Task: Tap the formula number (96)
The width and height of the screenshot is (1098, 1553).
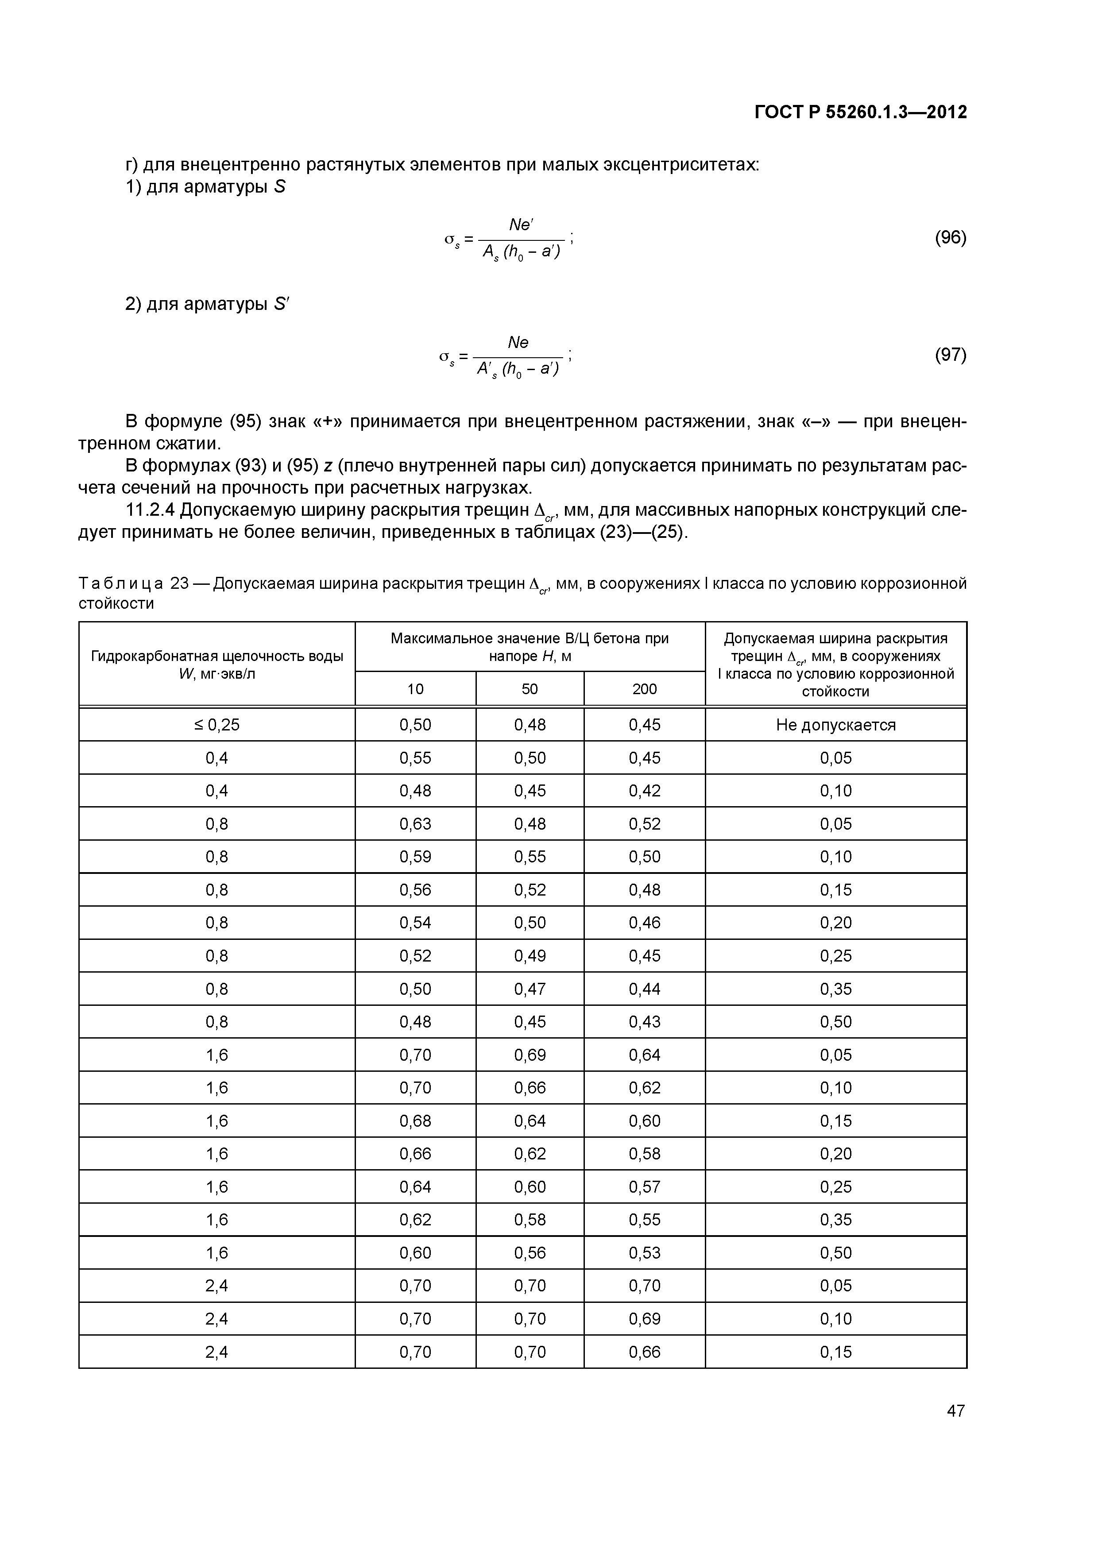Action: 950,237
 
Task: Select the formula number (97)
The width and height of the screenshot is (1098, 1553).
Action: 950,355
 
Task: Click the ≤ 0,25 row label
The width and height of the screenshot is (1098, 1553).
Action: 217,725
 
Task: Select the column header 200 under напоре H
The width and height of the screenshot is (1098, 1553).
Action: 644,688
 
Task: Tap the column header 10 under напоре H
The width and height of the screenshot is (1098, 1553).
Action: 415,688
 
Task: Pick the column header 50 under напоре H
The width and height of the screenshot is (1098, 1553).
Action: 529,688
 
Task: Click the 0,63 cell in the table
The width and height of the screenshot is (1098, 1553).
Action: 415,824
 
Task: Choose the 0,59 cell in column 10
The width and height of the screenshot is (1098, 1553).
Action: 415,857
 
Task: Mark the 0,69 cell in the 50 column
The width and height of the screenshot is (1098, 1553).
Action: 529,1055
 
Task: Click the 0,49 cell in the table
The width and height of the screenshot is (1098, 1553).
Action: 529,956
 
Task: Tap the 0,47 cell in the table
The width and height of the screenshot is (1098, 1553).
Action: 529,989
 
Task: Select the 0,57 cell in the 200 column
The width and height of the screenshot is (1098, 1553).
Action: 644,1187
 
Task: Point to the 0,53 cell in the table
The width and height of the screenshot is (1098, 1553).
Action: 644,1253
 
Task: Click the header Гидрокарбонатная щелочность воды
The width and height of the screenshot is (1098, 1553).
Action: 217,656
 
